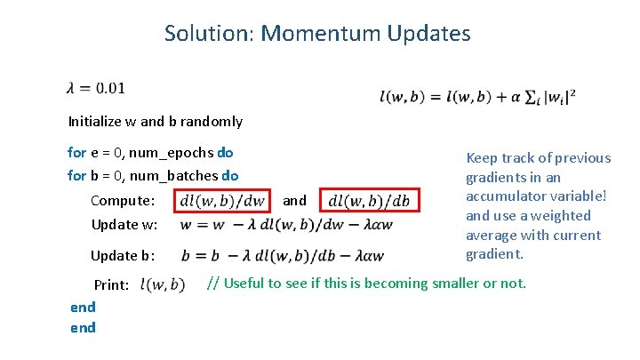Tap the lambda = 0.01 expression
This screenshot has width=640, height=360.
point(95,87)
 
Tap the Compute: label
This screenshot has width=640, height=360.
point(123,201)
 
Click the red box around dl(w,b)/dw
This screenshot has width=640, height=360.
point(221,201)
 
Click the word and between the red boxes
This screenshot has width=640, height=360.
point(294,201)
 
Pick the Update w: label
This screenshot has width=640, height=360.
point(124,224)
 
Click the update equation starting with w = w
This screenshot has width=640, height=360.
point(284,224)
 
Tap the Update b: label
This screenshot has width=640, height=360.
point(123,256)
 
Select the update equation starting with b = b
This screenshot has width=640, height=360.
point(282,256)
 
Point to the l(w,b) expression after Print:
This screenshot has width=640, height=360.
point(163,285)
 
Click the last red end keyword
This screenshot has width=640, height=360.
point(83,327)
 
